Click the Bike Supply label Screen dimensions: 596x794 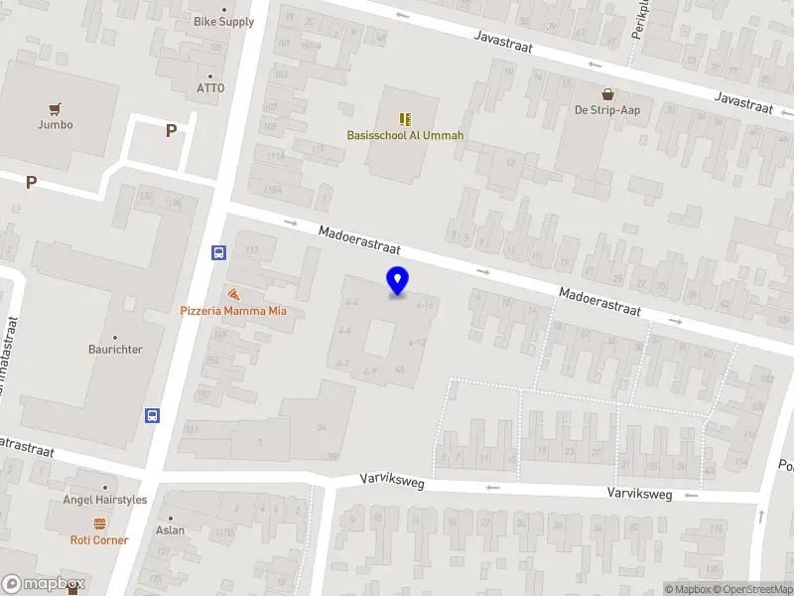coord(223,21)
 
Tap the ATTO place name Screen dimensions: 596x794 coord(210,87)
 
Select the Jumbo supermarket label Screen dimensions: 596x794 coord(56,125)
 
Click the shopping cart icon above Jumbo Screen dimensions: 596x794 coord(56,109)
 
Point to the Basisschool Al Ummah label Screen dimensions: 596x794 coord(405,135)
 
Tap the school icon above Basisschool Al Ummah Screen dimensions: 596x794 coord(405,119)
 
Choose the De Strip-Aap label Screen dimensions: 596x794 coord(606,110)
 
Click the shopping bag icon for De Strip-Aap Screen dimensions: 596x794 coord(606,94)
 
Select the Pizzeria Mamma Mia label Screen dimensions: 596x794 coord(233,311)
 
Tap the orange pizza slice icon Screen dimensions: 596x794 coord(233,295)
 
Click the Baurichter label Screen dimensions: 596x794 coord(114,350)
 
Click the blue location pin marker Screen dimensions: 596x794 coord(397,281)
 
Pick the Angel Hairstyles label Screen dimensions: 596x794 coord(105,500)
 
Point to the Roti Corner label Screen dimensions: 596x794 coord(99,539)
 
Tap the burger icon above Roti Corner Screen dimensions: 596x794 coord(99,523)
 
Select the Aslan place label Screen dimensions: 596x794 coord(170,529)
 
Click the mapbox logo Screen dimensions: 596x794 coord(44,584)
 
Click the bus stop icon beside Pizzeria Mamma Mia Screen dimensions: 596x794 coord(218,252)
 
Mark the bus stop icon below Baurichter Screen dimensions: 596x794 coord(153,415)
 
